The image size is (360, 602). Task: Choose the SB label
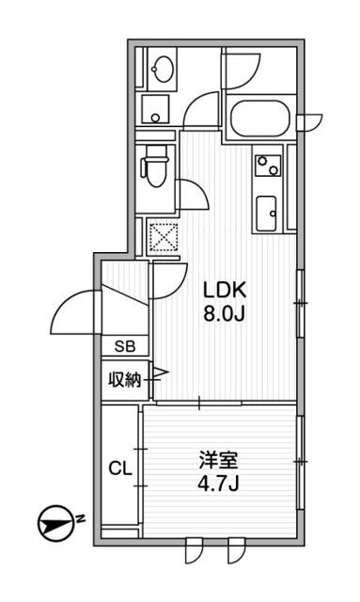[x=125, y=346]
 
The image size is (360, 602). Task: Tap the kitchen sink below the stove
[x=266, y=214]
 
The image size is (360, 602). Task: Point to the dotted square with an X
[x=164, y=235]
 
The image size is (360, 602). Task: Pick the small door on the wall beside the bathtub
[x=307, y=121]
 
